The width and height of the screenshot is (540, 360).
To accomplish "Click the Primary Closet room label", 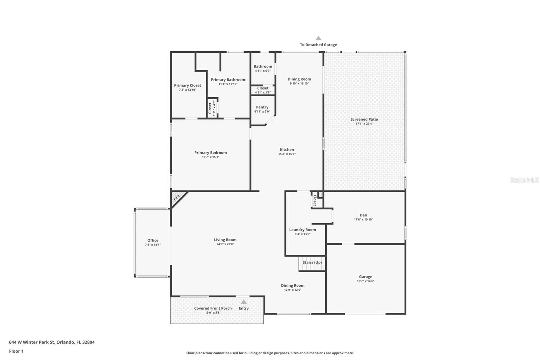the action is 188,85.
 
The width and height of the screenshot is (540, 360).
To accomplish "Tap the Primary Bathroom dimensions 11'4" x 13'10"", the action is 228,84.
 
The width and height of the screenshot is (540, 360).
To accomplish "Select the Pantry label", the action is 262,107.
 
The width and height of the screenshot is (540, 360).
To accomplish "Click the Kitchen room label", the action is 287,150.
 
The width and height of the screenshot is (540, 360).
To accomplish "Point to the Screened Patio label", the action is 364,119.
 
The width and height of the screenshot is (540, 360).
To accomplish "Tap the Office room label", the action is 153,240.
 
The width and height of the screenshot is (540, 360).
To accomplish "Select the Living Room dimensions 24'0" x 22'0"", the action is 225,244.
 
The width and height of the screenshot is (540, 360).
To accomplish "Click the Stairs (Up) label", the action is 312,262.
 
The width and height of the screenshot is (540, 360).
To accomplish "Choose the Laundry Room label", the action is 302,230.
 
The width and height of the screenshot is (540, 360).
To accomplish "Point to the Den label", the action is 363,215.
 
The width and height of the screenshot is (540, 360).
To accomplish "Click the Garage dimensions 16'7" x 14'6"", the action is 366,281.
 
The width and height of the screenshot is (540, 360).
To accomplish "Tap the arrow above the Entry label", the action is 244,302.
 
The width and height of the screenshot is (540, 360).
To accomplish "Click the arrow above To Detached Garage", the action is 319,38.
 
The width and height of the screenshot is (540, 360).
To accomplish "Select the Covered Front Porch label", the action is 213,308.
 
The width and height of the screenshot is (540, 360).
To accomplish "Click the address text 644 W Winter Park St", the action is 32,342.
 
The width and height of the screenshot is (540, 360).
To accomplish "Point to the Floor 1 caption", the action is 16,351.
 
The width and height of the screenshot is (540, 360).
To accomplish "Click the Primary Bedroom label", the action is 211,153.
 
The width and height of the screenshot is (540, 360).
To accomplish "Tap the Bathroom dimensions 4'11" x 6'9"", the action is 263,71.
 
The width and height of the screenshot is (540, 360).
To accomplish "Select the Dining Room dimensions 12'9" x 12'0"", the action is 293,290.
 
